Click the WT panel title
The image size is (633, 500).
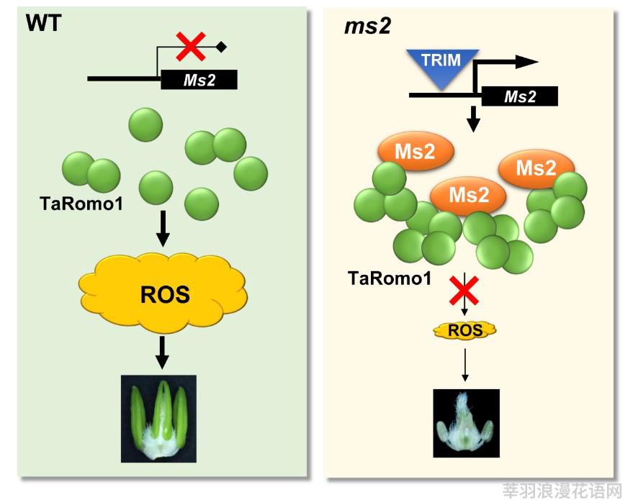(x=44, y=23)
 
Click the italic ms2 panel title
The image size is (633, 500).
(x=367, y=26)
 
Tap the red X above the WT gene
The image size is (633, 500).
(x=191, y=47)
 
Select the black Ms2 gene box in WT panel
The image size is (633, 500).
(x=199, y=79)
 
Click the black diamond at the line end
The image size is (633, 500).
(x=221, y=47)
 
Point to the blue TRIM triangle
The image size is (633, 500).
(x=442, y=66)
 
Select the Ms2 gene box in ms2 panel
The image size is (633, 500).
(x=520, y=96)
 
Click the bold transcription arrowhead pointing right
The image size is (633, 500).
(x=527, y=62)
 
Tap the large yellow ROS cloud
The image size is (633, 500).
(x=163, y=293)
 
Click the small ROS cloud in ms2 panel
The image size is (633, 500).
(x=465, y=330)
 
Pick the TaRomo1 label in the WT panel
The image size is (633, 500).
(x=81, y=204)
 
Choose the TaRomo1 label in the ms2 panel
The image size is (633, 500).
(x=390, y=278)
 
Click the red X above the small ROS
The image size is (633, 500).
(x=464, y=291)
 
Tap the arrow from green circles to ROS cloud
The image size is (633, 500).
(x=163, y=228)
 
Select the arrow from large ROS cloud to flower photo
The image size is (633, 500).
(x=162, y=353)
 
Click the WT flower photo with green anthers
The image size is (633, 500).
(x=158, y=419)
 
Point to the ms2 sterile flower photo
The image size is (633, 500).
(x=466, y=423)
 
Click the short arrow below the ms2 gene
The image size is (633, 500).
(x=473, y=119)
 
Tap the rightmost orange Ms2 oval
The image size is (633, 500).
(x=536, y=168)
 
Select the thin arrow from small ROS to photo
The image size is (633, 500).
(x=465, y=365)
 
